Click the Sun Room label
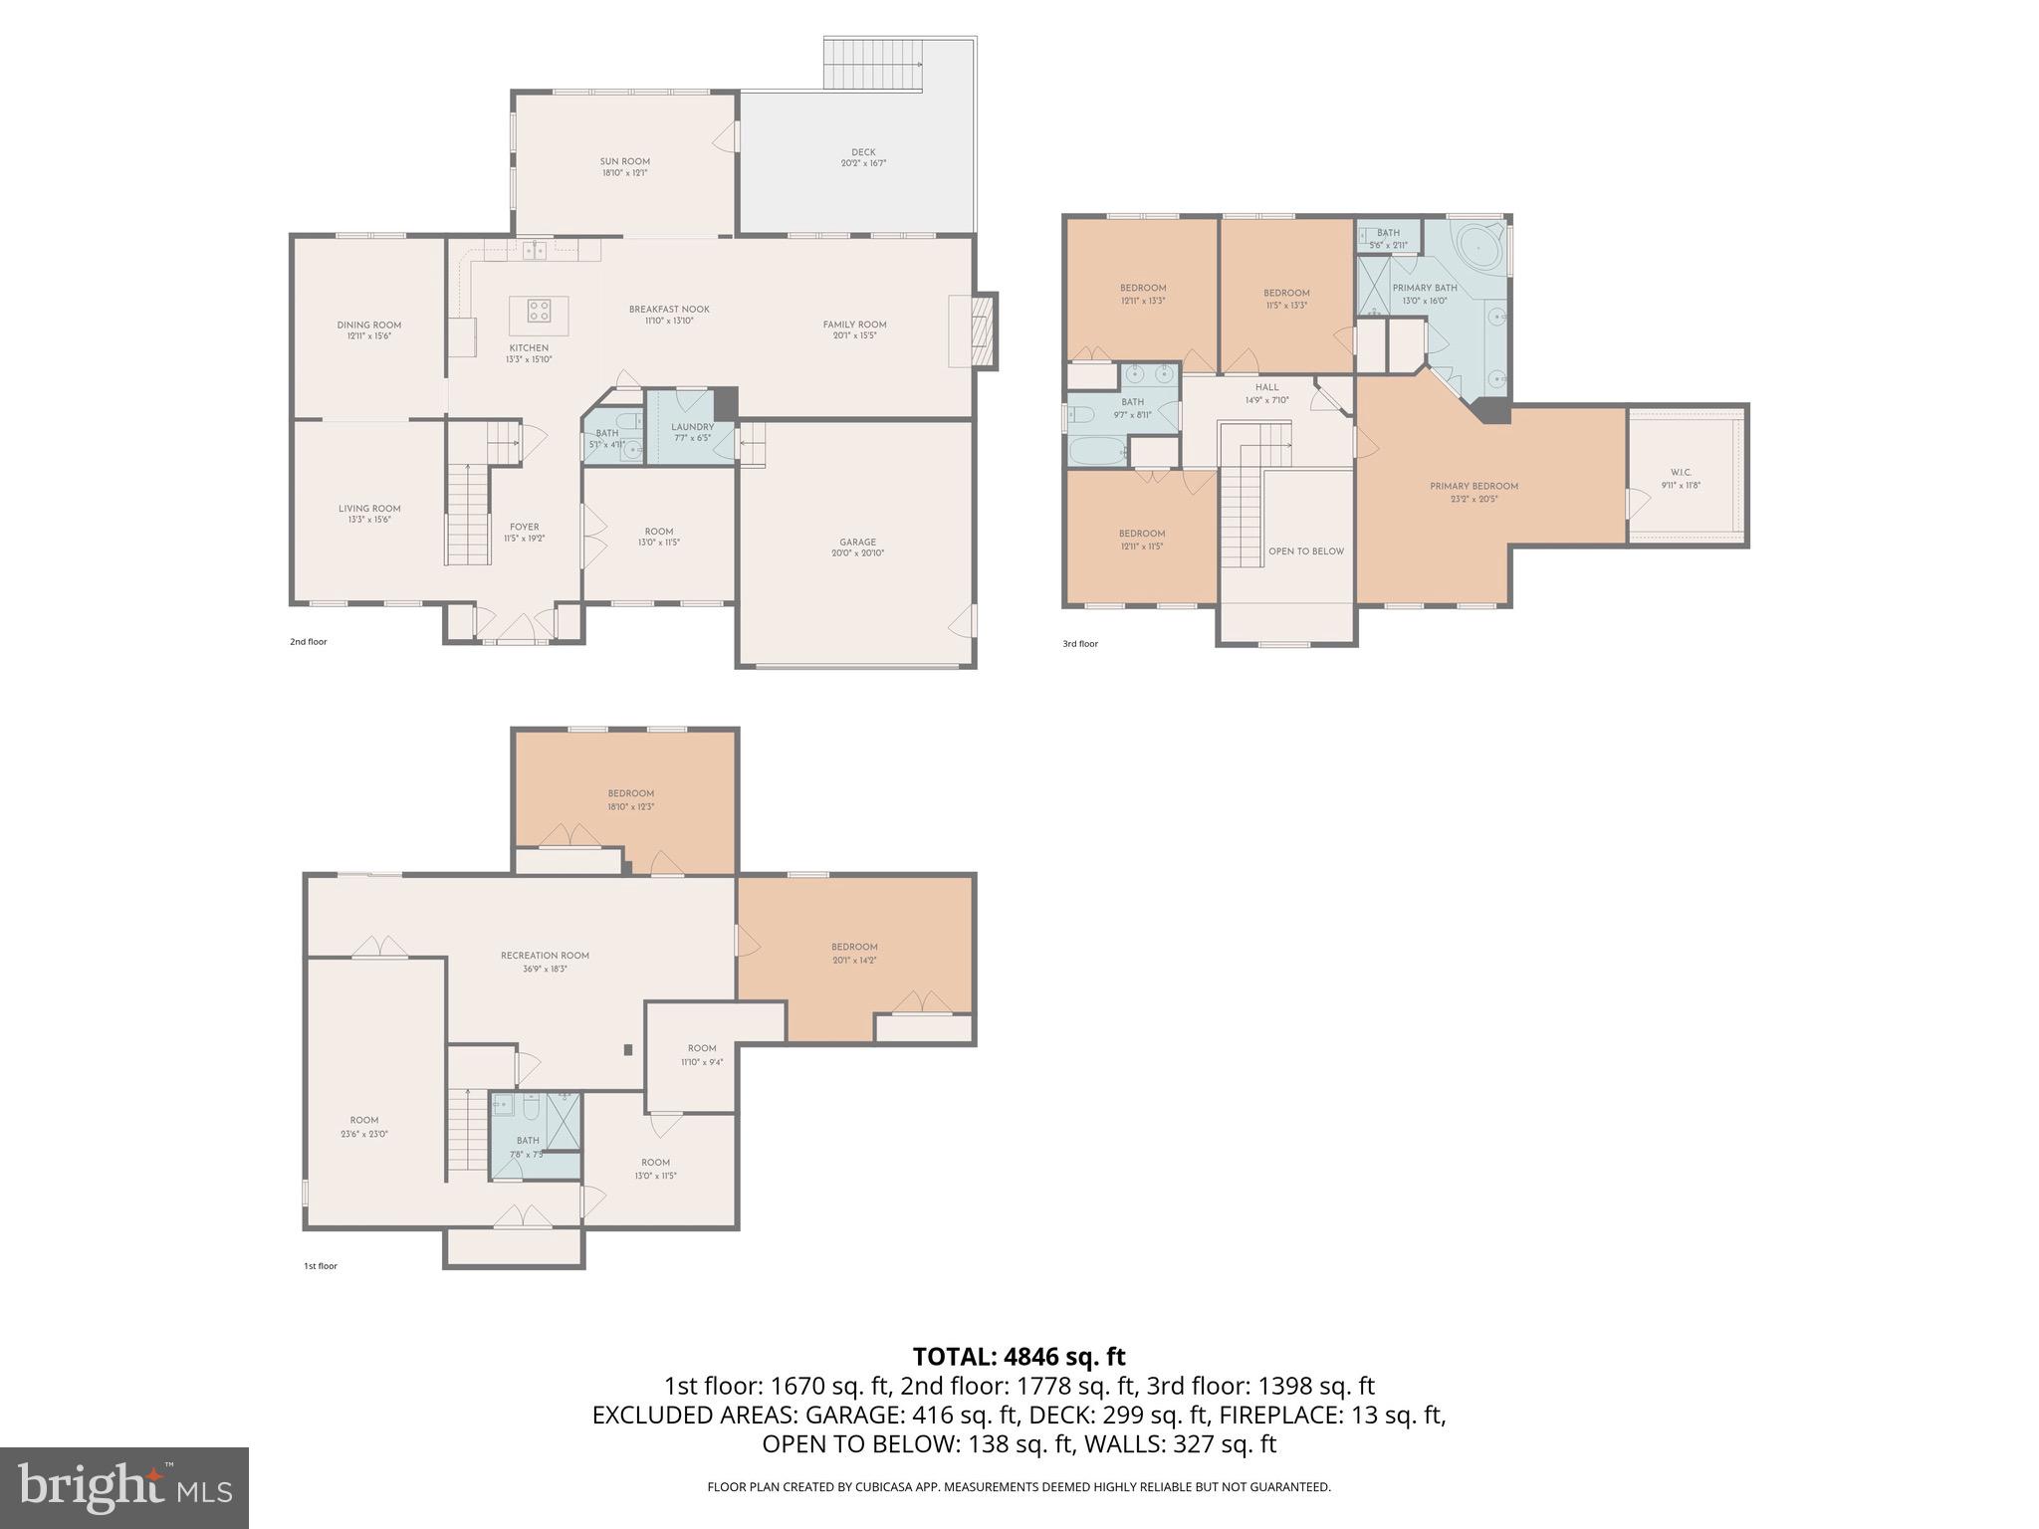pyautogui.click(x=624, y=166)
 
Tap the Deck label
pyautogui.click(x=863, y=157)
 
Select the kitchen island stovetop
pyautogui.click(x=539, y=311)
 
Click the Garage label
pyautogui.click(x=857, y=546)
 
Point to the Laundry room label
pyautogui.click(x=692, y=431)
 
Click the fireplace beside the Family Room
pyautogui.click(x=983, y=330)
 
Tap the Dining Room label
pyautogui.click(x=368, y=329)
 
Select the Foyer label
pyautogui.click(x=525, y=532)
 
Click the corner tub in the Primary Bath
pyautogui.click(x=1474, y=243)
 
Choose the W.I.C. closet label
pyautogui.click(x=1681, y=478)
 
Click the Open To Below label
pyautogui.click(x=1305, y=550)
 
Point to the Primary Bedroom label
pyautogui.click(x=1473, y=492)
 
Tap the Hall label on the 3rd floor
pyautogui.click(x=1266, y=393)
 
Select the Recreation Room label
pyautogui.click(x=545, y=961)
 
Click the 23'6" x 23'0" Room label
pyautogui.click(x=364, y=1126)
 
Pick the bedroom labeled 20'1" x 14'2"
pyautogui.click(x=854, y=953)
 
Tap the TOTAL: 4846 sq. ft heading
pyautogui.click(x=1019, y=1356)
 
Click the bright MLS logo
pyautogui.click(x=124, y=1487)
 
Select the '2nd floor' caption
pyautogui.click(x=308, y=642)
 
